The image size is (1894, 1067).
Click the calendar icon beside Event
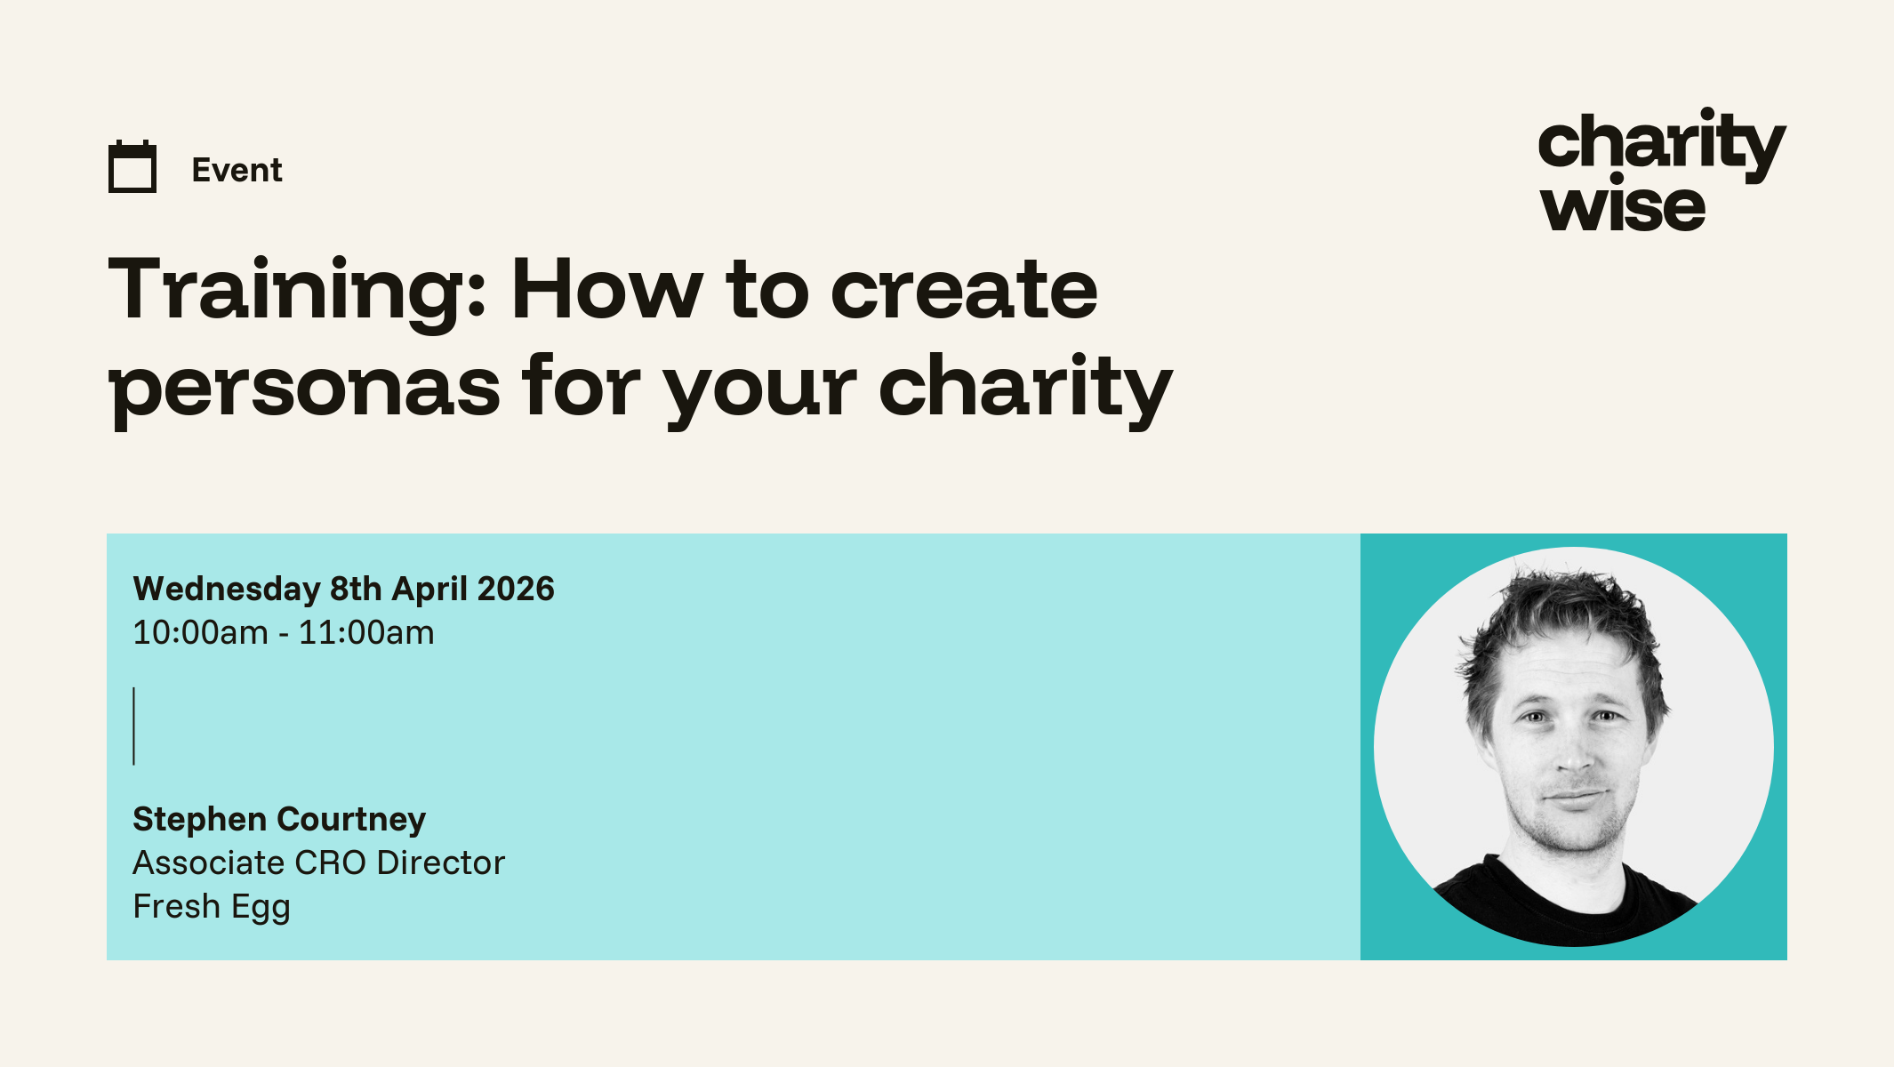tap(132, 166)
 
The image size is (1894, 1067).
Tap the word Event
tap(237, 170)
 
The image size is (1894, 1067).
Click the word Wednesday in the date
tap(227, 590)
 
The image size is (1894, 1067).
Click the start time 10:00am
tap(201, 633)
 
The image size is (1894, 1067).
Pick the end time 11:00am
tap(366, 633)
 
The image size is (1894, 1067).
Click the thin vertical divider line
tap(133, 726)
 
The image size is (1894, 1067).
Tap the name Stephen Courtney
tap(279, 820)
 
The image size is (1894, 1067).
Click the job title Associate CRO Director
tap(318, 862)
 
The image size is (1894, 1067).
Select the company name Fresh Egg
tap(212, 907)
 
